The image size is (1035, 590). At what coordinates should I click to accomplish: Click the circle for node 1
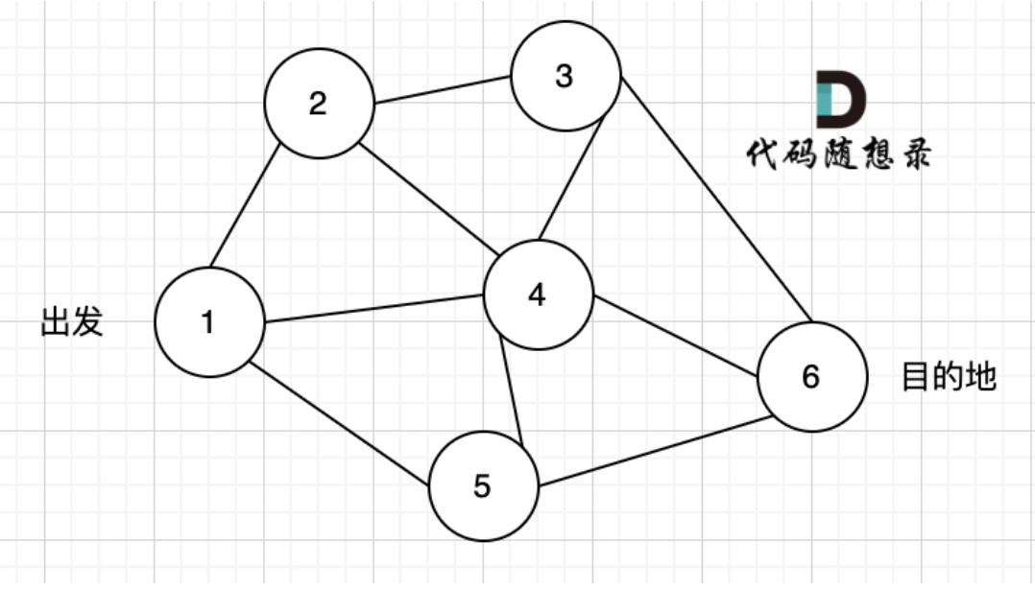click(209, 322)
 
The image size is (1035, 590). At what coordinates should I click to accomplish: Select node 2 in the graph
click(319, 103)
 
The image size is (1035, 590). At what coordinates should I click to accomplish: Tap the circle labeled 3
click(565, 77)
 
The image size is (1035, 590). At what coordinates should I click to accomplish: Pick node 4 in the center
click(538, 295)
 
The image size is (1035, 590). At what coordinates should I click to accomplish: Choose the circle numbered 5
click(483, 486)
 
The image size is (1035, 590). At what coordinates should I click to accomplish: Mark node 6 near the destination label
click(811, 377)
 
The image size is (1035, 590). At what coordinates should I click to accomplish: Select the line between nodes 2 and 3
click(443, 91)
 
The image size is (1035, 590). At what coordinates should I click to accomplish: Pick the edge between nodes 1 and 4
click(373, 309)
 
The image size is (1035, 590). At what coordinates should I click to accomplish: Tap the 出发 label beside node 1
click(72, 322)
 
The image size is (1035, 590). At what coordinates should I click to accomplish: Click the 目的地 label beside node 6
click(949, 376)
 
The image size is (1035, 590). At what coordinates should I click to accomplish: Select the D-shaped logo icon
click(839, 99)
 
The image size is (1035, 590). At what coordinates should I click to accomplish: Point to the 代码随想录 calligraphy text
click(838, 154)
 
